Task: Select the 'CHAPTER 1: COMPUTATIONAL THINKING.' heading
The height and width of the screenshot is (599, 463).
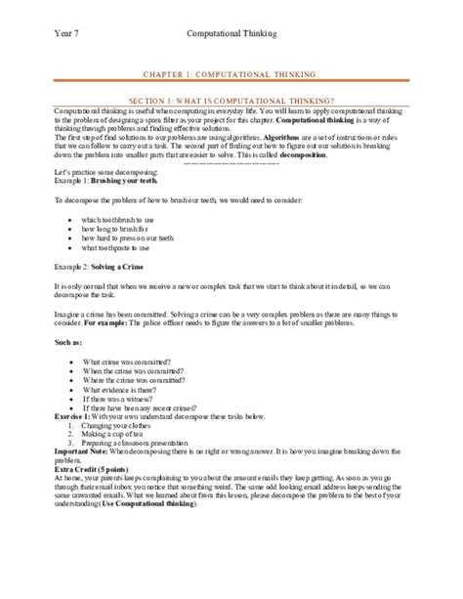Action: (x=231, y=73)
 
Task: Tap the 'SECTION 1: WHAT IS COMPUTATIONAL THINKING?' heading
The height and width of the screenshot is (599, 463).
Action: (x=231, y=100)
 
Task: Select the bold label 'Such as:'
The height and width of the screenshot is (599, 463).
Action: (x=68, y=344)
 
